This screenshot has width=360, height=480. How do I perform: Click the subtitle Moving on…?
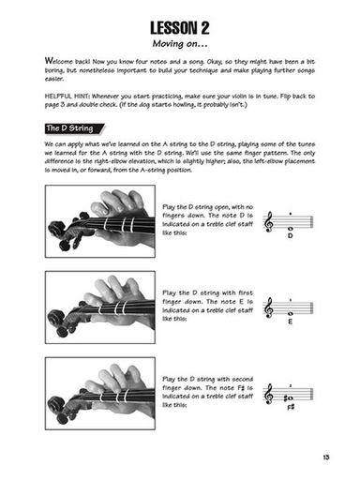tap(179, 42)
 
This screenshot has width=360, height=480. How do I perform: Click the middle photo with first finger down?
tap(100, 307)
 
